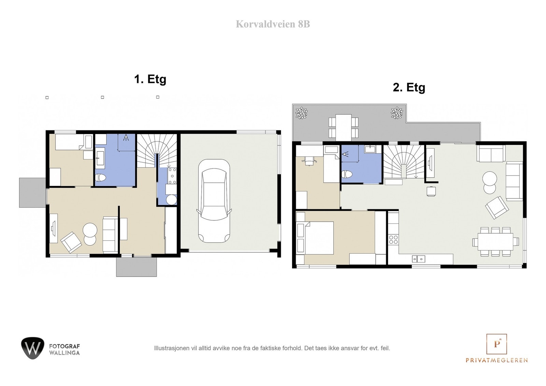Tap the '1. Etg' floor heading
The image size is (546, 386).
pos(150,79)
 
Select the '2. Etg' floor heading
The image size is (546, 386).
pos(409,87)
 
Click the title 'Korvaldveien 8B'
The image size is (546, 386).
pos(273,24)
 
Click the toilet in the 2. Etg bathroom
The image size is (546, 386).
pos(347,174)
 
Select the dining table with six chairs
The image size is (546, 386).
pos(495,242)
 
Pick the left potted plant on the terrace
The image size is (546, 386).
pos(302,113)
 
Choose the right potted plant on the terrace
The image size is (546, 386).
pos(397,113)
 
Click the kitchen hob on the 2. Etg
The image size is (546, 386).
pos(393,239)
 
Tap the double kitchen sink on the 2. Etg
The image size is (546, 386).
pos(418,259)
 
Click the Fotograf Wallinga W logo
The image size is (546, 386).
pos(32,348)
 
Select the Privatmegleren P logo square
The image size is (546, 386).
pos(497,344)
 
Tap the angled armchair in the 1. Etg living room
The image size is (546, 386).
pos(71,242)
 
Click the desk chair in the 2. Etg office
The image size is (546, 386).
pos(309,160)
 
